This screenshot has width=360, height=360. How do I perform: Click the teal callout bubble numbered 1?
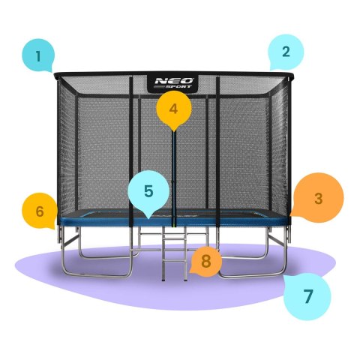pos(39,55)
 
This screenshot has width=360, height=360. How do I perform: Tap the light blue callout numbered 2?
pos(286,52)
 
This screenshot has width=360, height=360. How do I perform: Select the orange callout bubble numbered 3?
pos(317,199)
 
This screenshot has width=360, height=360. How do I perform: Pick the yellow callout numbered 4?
pos(174,109)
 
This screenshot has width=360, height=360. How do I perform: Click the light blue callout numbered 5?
pos(148,192)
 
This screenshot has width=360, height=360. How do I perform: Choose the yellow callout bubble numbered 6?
pos(40,211)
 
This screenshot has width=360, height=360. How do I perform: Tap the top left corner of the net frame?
pos(57,73)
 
